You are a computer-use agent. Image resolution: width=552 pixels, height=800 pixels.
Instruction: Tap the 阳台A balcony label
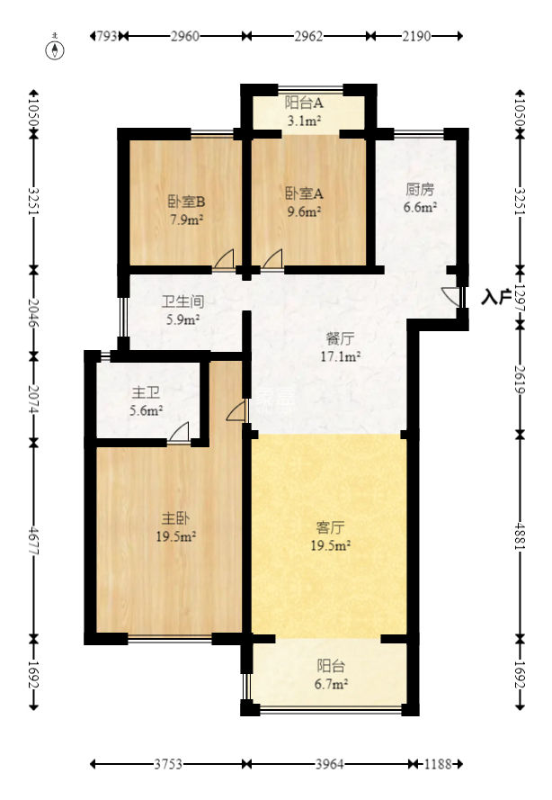click(x=304, y=112)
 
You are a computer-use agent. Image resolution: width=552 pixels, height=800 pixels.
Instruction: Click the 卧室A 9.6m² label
click(x=304, y=202)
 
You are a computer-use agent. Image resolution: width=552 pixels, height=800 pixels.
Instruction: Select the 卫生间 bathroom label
click(x=181, y=310)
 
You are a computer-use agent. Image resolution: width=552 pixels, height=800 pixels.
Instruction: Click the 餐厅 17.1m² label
click(x=342, y=347)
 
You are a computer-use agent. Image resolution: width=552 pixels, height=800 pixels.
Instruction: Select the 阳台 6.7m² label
click(x=331, y=675)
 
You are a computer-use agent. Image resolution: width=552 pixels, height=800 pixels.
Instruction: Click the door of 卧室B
click(x=225, y=260)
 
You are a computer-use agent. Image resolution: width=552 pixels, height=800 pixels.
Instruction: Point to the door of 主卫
click(x=179, y=431)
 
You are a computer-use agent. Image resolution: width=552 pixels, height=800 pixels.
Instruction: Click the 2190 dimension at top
click(x=416, y=37)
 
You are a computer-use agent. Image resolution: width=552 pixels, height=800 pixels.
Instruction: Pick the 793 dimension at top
click(x=105, y=37)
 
